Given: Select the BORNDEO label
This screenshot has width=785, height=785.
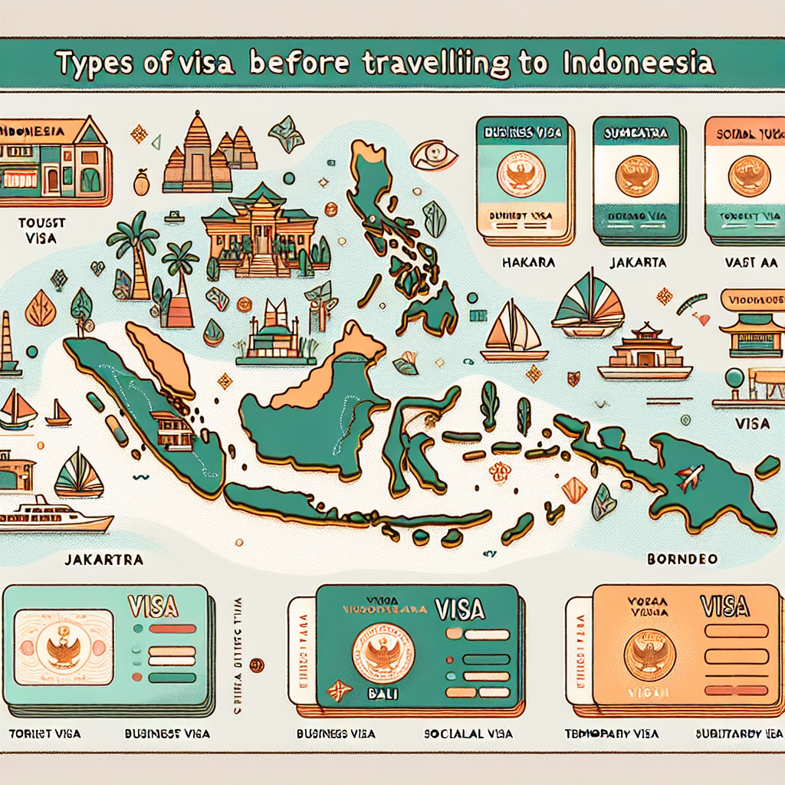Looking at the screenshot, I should pos(681,559).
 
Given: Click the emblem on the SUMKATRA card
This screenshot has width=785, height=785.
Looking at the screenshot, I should pos(637,176).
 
